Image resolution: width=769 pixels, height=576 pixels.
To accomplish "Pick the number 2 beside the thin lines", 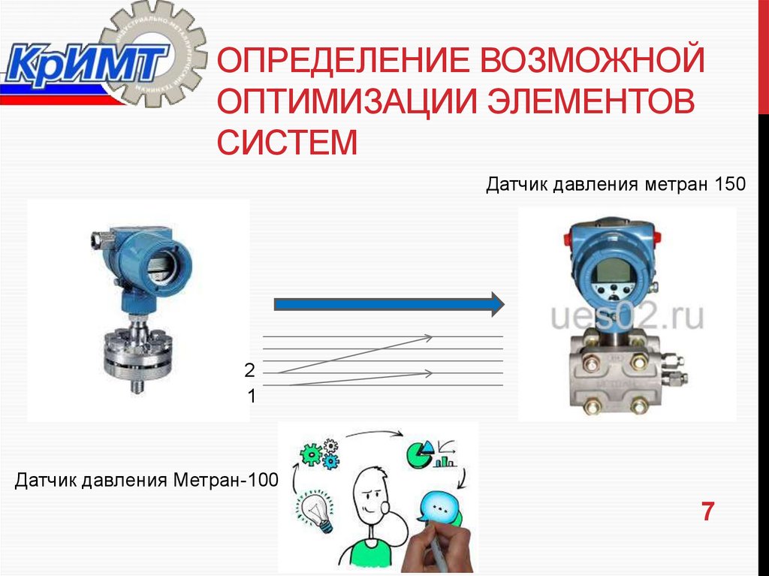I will tap(249, 370).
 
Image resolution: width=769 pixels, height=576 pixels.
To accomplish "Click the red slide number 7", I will tap(707, 512).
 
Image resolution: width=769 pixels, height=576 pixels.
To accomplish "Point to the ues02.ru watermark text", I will tap(627, 318).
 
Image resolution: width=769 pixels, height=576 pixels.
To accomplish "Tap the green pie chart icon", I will tap(418, 452).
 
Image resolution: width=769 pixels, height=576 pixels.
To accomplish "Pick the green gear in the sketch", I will tap(311, 454).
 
